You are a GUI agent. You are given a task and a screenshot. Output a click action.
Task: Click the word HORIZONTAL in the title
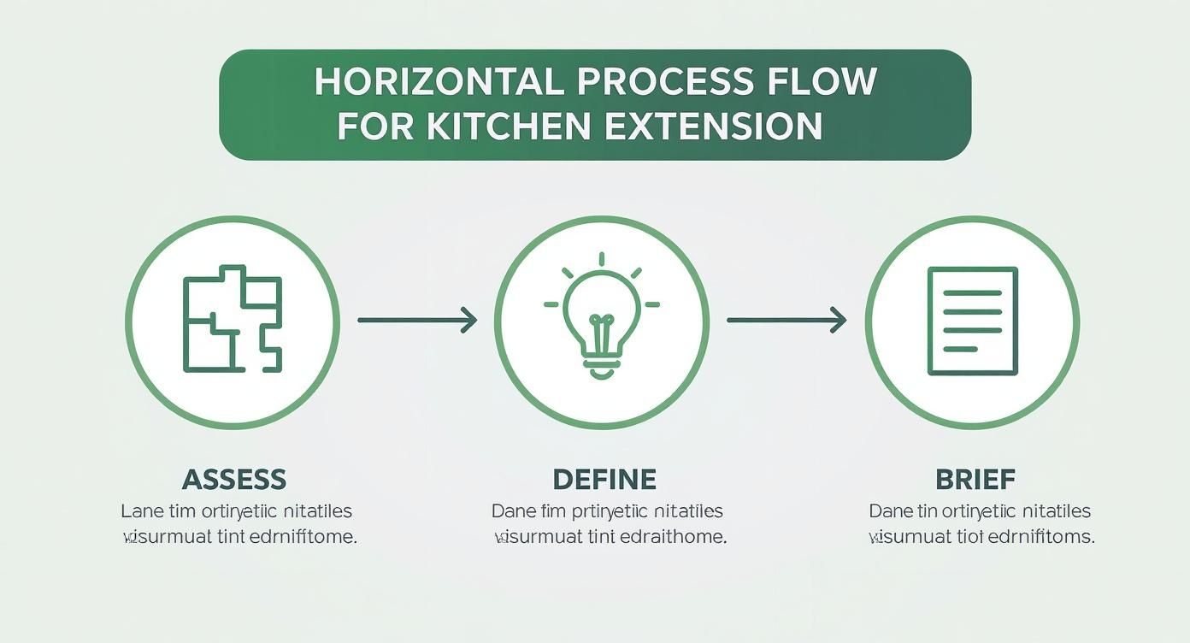click(439, 81)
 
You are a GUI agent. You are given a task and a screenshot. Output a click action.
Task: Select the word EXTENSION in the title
click(713, 126)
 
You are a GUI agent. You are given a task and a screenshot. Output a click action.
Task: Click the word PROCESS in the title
click(664, 81)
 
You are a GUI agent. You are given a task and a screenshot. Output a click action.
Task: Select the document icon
click(973, 321)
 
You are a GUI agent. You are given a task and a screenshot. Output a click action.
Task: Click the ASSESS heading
click(234, 479)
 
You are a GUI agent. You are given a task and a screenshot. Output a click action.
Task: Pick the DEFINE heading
click(604, 479)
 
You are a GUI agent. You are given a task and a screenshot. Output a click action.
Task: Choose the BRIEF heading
click(975, 479)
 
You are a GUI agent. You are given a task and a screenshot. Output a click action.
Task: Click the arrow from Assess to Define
click(416, 320)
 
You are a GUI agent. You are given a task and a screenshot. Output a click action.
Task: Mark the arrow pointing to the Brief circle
click(786, 321)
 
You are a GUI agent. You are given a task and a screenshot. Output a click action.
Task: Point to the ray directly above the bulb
click(602, 259)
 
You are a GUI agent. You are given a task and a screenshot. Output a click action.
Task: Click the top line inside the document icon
click(973, 292)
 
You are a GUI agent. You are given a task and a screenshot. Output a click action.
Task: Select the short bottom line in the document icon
click(959, 349)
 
